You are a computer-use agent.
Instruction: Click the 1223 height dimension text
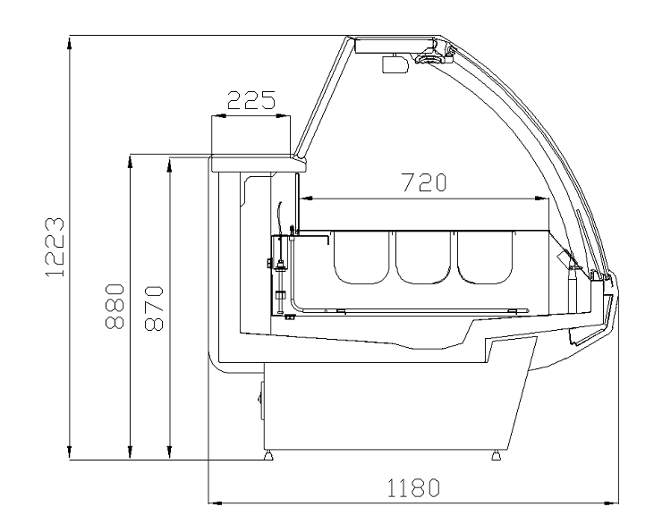55,247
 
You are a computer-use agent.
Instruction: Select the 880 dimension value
115,306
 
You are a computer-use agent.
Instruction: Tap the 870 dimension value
154,308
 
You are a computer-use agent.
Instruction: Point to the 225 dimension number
251,100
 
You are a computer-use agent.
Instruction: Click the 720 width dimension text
424,182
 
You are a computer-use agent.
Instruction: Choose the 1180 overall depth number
413,488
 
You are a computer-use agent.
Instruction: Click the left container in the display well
361,257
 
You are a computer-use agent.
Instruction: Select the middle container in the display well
423,257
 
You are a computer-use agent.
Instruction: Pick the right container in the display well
484,257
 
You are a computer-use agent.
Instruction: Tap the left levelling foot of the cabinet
268,455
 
